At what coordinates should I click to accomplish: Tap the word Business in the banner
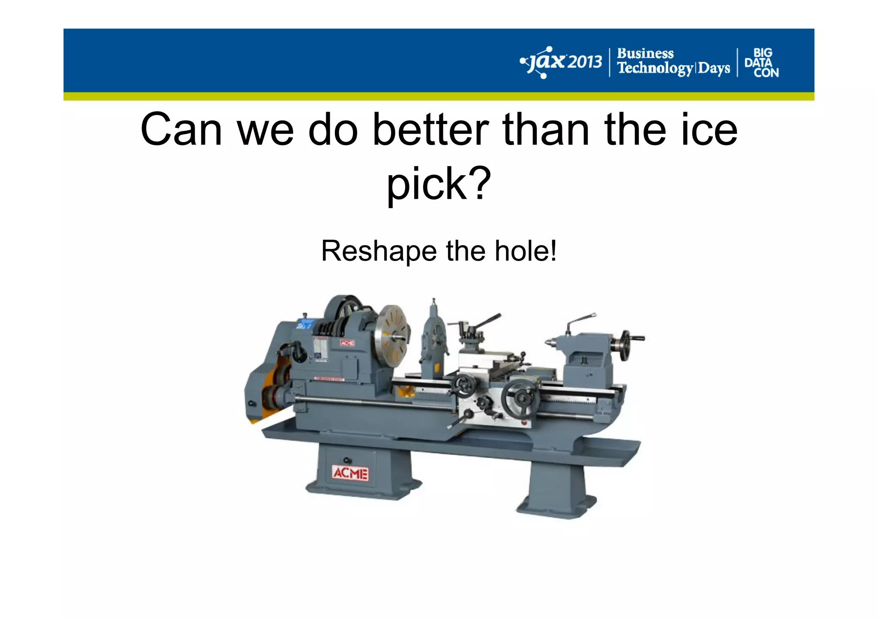(645, 54)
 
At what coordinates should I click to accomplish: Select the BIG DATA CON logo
(761, 63)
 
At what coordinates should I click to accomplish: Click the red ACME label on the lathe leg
(350, 473)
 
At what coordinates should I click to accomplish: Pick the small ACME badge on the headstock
(347, 343)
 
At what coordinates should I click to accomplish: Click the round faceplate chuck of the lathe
(391, 337)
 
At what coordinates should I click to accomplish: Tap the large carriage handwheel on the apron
(521, 398)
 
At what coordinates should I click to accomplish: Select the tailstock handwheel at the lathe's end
(626, 345)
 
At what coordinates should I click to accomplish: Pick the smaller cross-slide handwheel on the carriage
(464, 385)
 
